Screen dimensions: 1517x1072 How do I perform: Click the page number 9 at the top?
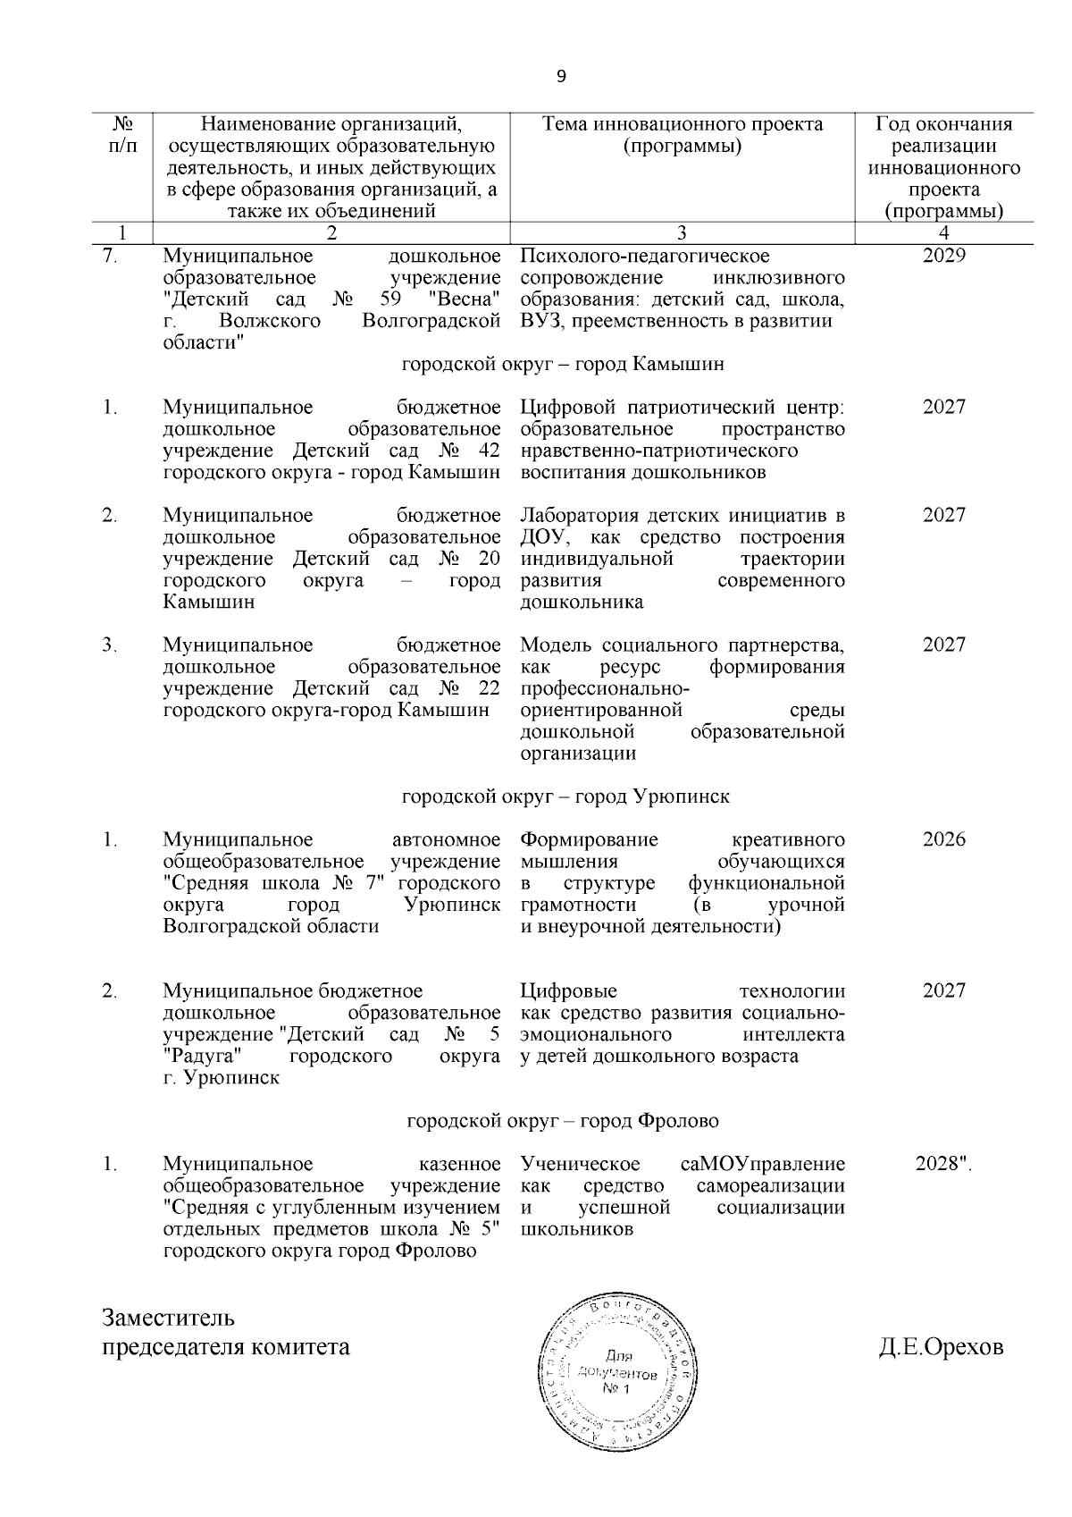[561, 77]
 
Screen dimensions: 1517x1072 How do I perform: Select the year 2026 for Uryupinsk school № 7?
[944, 839]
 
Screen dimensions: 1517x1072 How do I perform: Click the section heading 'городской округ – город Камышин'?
[563, 365]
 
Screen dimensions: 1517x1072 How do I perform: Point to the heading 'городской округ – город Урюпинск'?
[565, 796]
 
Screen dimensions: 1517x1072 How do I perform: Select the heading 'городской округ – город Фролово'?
[563, 1121]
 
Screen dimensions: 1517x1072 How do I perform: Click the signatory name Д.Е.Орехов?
[941, 1347]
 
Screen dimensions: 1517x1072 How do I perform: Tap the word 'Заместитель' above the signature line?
[169, 1319]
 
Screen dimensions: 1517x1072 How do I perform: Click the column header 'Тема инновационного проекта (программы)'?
[683, 135]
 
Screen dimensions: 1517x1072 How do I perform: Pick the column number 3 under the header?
[682, 234]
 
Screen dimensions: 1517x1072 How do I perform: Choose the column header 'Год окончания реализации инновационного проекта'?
[944, 167]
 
